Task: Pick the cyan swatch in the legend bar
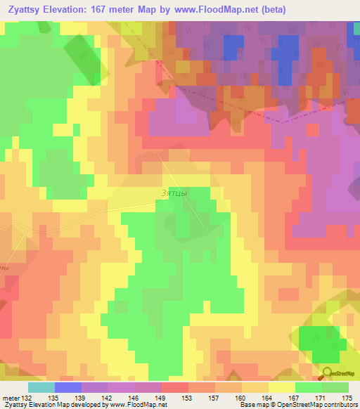click(x=41, y=387)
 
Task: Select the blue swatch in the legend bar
click(x=68, y=387)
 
